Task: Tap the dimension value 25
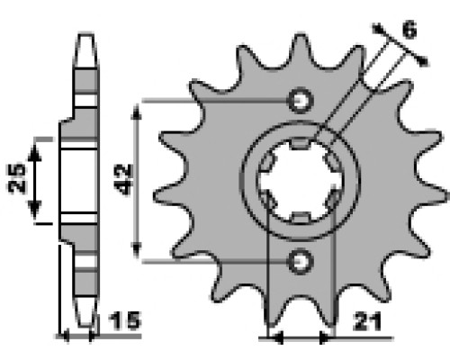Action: (16, 178)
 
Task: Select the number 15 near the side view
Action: (124, 320)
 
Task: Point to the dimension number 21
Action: (367, 322)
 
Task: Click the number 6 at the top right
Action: (409, 30)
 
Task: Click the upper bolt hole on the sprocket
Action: (301, 100)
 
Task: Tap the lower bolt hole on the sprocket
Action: (301, 261)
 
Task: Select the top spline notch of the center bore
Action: (300, 143)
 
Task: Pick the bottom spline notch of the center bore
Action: (301, 218)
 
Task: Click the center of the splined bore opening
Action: (301, 180)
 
